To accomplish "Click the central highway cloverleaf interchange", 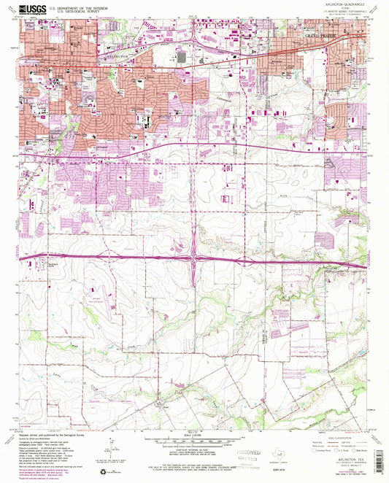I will pos(196,258).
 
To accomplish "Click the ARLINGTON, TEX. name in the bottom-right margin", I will pos(343,452).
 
